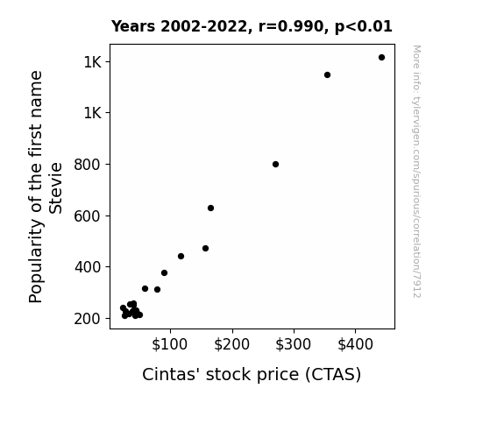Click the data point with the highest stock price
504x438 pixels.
pos(381,58)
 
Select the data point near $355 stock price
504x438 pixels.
pos(327,74)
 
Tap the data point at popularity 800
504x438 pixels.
pos(275,164)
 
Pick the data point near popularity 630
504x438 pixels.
pos(210,208)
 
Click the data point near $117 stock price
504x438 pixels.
pos(181,256)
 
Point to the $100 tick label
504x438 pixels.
pos(169,344)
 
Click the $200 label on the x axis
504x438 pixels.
pos(231,344)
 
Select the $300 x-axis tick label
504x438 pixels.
pos(293,344)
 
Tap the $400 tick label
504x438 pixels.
pos(355,344)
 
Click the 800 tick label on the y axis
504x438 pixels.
pos(88,165)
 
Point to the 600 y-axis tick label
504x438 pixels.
pos(88,216)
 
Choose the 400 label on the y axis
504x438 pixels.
pos(88,267)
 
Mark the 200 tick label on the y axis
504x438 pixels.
pos(88,319)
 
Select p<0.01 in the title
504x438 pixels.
pos(364,27)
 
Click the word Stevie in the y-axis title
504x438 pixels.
pos(55,188)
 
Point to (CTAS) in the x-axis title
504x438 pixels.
pos(333,375)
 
